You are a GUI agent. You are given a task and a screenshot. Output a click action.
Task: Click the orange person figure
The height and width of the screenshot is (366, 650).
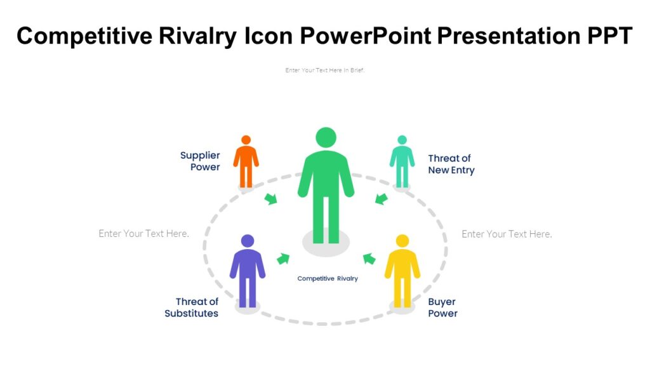pos(246,161)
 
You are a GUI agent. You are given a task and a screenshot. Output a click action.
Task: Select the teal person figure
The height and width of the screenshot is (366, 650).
pos(402,161)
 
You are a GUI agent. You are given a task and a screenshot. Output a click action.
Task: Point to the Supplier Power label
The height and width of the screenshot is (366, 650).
pos(200,161)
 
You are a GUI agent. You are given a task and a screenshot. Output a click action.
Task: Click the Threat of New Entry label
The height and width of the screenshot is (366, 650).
pos(451,164)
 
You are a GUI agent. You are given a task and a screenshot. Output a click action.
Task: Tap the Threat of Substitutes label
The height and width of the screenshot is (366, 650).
pos(192,308)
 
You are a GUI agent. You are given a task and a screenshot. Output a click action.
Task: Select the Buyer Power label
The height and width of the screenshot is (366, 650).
pos(442,308)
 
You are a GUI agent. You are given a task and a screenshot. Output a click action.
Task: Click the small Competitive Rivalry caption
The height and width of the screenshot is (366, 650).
pos(328,278)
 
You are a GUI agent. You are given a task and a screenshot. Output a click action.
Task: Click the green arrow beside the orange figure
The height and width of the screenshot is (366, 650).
pos(271,199)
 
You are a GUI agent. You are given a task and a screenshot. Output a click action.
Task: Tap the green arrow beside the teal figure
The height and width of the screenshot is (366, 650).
pos(381,199)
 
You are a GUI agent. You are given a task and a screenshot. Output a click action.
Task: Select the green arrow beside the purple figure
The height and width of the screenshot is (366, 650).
pos(283,258)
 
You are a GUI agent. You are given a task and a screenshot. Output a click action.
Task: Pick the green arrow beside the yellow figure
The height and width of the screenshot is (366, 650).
pos(369,258)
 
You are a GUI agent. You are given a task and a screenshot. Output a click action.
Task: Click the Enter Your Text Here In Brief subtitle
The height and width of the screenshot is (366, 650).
pos(325,71)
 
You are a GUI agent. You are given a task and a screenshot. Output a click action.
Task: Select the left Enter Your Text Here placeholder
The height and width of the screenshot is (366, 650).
pos(144,234)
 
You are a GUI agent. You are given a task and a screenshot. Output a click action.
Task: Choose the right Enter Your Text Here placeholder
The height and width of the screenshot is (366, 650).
pos(507,234)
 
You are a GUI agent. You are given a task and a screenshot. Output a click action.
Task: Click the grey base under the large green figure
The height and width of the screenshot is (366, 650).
pos(326,244)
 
